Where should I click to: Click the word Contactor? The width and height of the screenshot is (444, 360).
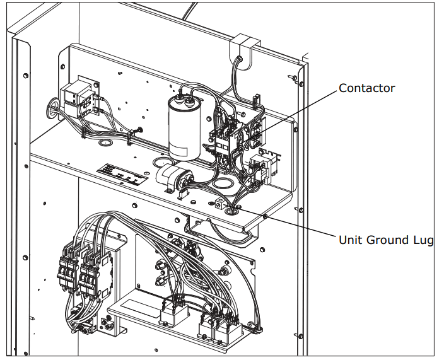point(366,88)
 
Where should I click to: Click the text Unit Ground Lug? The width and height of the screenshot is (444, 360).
point(386,240)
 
